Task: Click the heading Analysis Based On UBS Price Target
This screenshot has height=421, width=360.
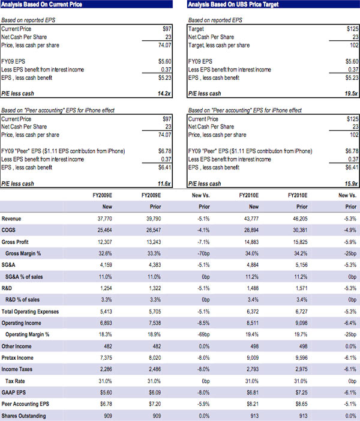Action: (x=228, y=5)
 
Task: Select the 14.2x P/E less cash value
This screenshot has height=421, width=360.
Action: (x=165, y=93)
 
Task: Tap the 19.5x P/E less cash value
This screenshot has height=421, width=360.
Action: (x=350, y=93)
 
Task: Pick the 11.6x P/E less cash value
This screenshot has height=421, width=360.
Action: (x=165, y=183)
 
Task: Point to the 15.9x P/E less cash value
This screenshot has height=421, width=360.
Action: (x=350, y=183)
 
